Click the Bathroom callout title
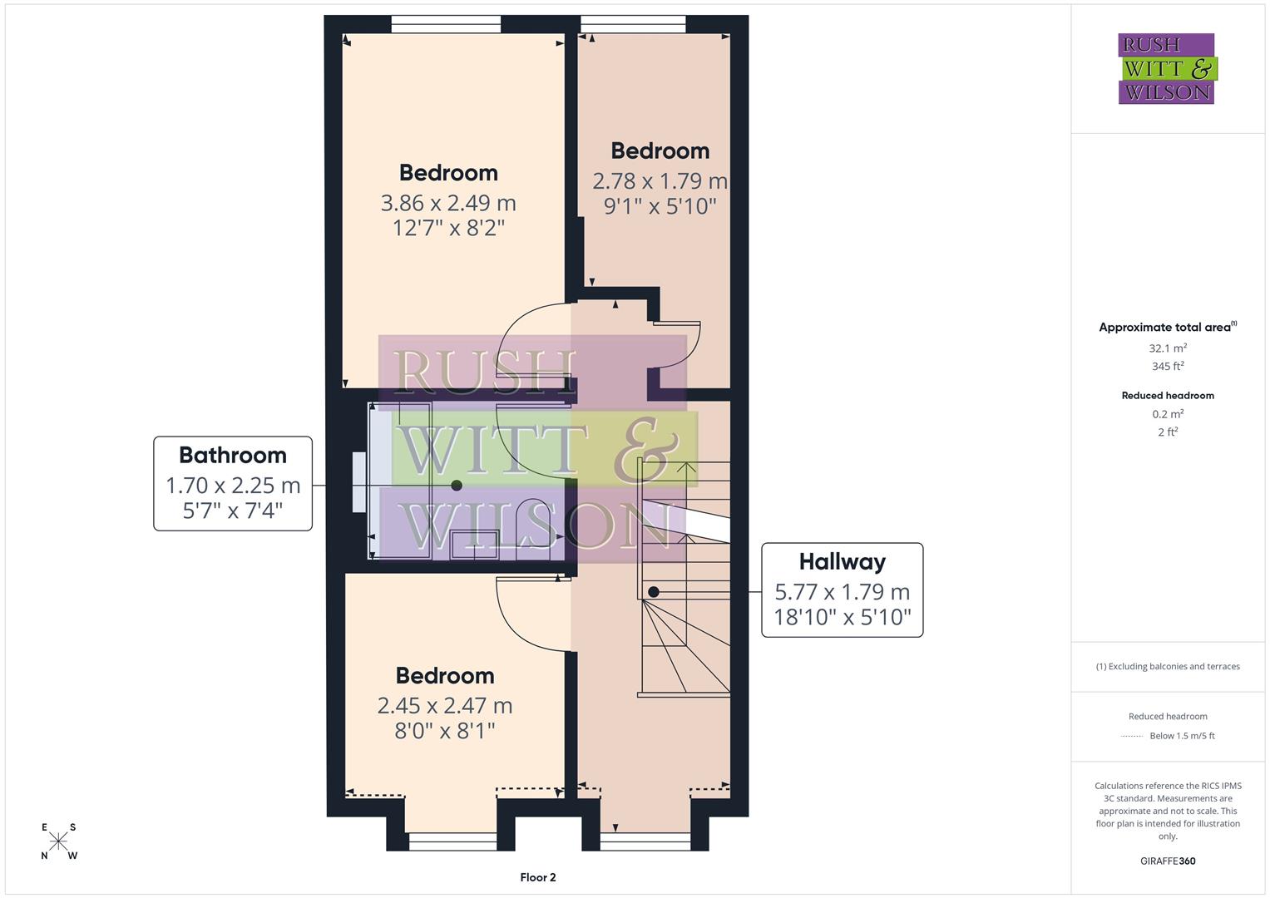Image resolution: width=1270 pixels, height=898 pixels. point(233,455)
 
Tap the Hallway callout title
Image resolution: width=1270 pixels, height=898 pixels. point(842,561)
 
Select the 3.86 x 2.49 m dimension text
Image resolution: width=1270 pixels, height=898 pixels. point(448,202)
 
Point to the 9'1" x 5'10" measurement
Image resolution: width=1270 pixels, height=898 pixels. point(660,206)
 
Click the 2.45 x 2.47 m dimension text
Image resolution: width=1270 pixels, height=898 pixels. point(444,705)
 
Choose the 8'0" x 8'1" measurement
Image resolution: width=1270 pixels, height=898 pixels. point(444,731)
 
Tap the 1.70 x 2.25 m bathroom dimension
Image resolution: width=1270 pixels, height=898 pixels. point(233,485)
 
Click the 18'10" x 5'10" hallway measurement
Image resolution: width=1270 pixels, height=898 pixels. point(842,617)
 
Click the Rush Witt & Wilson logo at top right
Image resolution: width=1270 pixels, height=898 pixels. point(1167,69)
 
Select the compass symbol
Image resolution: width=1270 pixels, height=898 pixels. point(59,841)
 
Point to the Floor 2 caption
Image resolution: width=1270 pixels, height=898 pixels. point(537,877)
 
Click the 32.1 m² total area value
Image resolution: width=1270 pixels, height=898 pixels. point(1168,348)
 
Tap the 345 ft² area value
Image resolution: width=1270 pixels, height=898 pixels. point(1168,366)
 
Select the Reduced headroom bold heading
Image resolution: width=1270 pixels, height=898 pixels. point(1168,396)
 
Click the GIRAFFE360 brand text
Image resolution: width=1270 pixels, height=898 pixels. point(1168,861)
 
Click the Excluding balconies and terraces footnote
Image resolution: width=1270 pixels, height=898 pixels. point(1168,666)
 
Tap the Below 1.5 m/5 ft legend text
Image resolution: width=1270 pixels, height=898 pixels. point(1182,736)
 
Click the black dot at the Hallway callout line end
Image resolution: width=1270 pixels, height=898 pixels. point(654,592)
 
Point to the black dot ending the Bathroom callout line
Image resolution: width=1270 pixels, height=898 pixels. point(456,486)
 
